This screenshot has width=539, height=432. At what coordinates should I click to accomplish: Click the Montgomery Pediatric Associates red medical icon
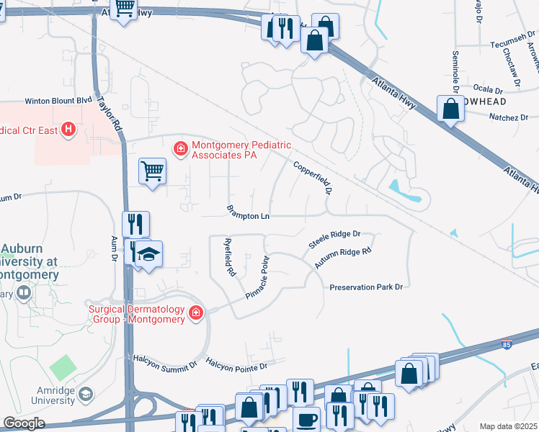click(x=180, y=148)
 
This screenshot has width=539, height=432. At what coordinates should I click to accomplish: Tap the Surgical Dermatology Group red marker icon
click(x=195, y=312)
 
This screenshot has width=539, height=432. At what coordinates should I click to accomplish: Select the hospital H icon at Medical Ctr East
click(x=68, y=130)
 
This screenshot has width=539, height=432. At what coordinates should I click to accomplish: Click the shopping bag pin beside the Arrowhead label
click(x=450, y=110)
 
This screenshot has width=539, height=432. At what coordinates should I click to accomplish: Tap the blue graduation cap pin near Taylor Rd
click(x=149, y=255)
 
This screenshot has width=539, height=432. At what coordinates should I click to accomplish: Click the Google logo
click(x=24, y=423)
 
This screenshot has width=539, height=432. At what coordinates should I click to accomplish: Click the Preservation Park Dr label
click(x=365, y=287)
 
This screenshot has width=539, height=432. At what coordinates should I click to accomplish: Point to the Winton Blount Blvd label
click(x=59, y=102)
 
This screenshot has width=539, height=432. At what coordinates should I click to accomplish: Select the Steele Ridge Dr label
click(x=334, y=239)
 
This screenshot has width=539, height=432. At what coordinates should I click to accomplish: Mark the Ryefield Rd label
click(x=230, y=257)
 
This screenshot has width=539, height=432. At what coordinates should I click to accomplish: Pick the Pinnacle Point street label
click(x=257, y=277)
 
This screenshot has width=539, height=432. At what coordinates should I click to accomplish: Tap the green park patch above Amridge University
click(x=63, y=368)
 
